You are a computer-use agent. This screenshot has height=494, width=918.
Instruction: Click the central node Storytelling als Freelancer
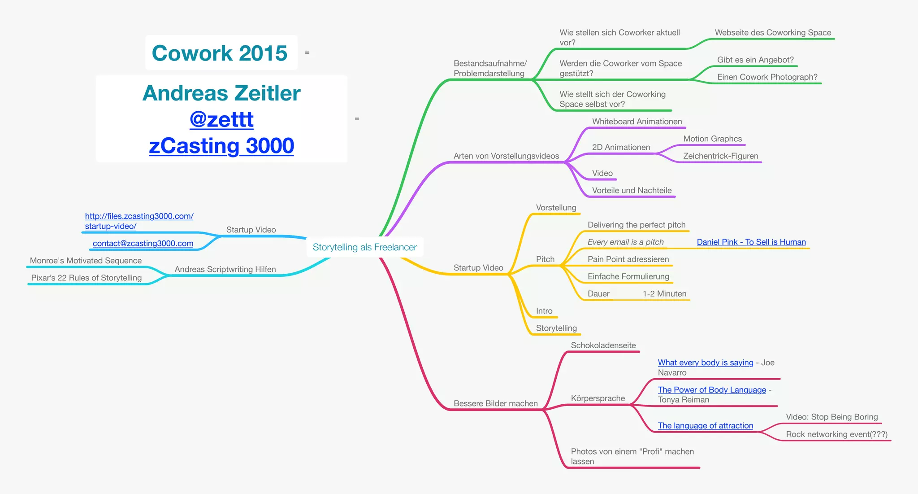pyautogui.click(x=364, y=247)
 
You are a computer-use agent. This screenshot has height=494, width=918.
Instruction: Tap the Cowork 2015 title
pyautogui.click(x=220, y=53)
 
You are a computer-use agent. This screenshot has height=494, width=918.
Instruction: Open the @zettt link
pyautogui.click(x=221, y=119)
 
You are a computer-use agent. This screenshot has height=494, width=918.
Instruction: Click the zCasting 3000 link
pyautogui.click(x=221, y=146)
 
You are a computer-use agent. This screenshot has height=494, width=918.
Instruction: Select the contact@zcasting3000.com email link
pyautogui.click(x=143, y=243)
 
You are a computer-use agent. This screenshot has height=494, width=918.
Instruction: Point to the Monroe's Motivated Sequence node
pyautogui.click(x=86, y=261)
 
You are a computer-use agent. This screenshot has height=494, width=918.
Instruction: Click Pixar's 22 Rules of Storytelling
pyautogui.click(x=87, y=278)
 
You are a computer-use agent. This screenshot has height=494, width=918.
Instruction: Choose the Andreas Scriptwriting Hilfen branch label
pyautogui.click(x=225, y=269)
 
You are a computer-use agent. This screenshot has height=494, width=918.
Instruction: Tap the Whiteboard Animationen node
pyautogui.click(x=637, y=122)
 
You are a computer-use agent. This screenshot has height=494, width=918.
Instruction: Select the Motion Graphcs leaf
pyautogui.click(x=712, y=139)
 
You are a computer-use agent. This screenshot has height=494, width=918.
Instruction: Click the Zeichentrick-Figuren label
pyautogui.click(x=720, y=156)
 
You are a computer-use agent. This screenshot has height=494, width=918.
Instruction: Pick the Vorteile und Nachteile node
pyautogui.click(x=632, y=190)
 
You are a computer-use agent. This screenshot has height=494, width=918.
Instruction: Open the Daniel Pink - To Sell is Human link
pyautogui.click(x=751, y=242)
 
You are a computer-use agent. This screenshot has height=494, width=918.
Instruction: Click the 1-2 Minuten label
pyautogui.click(x=664, y=294)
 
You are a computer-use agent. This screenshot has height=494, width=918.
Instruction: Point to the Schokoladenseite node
pyautogui.click(x=603, y=345)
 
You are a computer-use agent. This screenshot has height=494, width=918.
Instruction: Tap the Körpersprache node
pyautogui.click(x=598, y=398)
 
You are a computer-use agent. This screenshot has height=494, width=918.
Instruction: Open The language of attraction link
pyautogui.click(x=705, y=426)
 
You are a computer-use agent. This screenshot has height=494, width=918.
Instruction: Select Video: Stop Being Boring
pyautogui.click(x=831, y=417)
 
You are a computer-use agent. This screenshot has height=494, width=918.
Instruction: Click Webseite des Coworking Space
pyautogui.click(x=773, y=33)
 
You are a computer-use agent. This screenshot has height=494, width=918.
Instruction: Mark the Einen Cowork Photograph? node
pyautogui.click(x=767, y=77)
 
